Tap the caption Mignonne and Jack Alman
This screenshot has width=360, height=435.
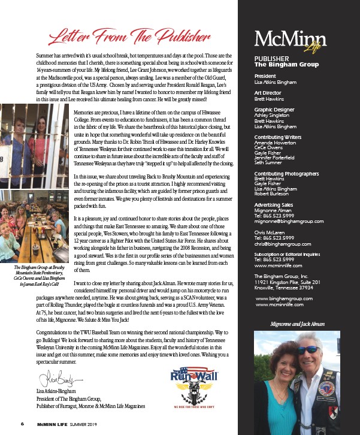click(x=297, y=324)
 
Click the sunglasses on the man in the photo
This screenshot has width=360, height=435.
click(x=310, y=349)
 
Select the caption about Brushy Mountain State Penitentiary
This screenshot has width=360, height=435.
click(x=36, y=289)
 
